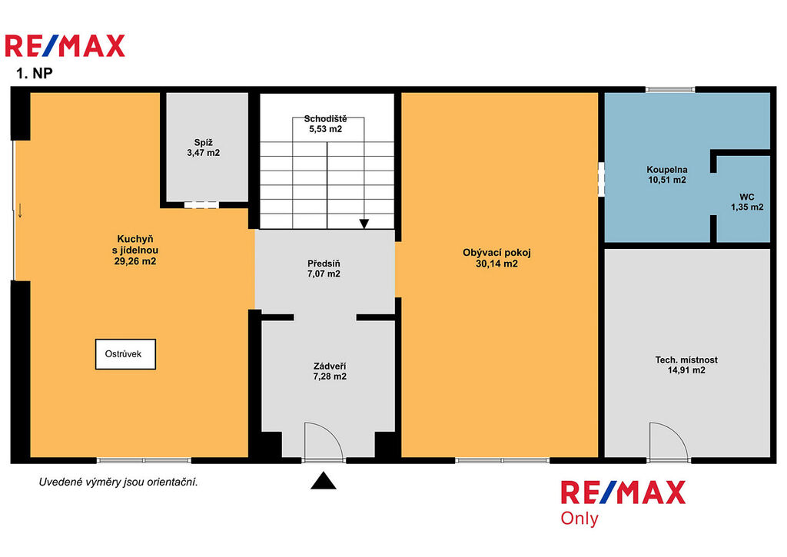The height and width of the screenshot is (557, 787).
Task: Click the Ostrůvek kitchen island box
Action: tap(125, 354)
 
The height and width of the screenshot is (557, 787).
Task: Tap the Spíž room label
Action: tap(203, 142)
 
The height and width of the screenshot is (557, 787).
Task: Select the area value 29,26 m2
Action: tap(135, 261)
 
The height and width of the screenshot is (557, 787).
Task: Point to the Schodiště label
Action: tap(325, 119)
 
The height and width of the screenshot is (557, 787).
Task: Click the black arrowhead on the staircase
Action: tap(364, 224)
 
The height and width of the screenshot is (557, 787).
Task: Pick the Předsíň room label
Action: tap(324, 264)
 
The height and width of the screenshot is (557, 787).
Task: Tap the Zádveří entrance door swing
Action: tap(324, 441)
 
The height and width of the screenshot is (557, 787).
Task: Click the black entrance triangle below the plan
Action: tap(324, 481)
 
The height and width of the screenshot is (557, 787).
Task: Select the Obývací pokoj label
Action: tap(496, 253)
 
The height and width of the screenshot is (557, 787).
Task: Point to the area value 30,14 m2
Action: tap(496, 264)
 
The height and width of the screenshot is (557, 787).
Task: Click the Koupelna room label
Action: tap(666, 170)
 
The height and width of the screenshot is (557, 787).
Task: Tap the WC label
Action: tap(747, 197)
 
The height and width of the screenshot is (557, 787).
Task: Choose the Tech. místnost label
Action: tap(686, 360)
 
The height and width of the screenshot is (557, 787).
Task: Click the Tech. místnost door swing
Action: tap(669, 441)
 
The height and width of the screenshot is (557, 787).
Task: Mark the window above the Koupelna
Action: tap(670, 89)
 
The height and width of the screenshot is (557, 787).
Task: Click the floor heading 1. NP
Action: tap(34, 73)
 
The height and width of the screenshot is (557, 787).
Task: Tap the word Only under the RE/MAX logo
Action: tap(579, 519)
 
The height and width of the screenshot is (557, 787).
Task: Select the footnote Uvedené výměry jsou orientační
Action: tap(118, 482)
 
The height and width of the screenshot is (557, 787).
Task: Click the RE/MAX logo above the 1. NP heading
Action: tap(65, 45)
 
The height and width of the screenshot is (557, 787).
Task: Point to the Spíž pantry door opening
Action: tap(201, 204)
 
